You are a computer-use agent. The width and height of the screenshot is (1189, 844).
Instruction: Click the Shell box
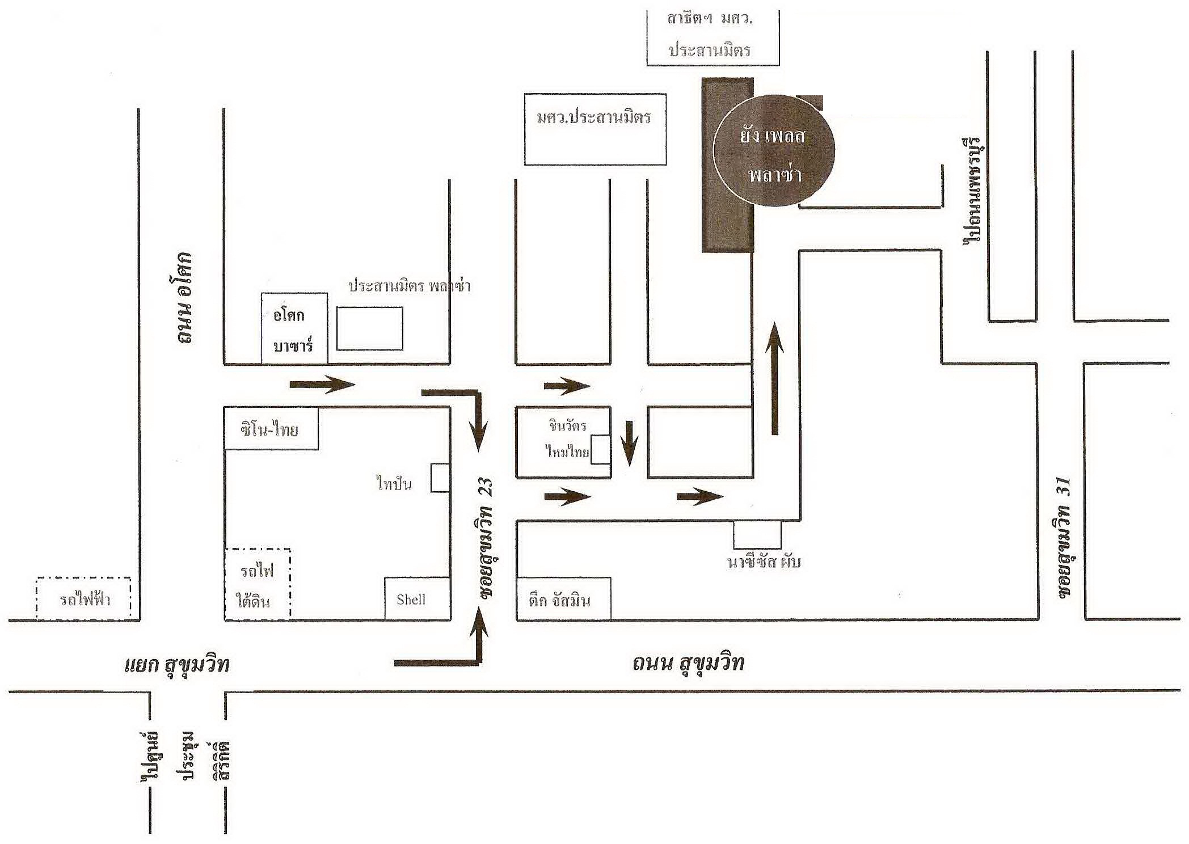418,598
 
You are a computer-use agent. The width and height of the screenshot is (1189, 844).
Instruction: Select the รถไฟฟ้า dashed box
84,598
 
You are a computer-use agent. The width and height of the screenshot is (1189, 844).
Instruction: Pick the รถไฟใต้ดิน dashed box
258,584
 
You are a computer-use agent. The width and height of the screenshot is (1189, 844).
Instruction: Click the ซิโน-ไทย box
271,428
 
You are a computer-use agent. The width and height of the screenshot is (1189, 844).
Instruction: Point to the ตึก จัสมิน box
564,598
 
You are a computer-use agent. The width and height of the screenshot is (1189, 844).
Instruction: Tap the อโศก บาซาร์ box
294,328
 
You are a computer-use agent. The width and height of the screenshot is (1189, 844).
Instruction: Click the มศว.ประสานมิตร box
595,129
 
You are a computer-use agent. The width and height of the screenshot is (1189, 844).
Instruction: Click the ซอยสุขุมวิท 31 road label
1064,538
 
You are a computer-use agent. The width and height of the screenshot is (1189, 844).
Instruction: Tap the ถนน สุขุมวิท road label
688,662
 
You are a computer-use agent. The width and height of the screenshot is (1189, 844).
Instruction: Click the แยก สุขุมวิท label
177,664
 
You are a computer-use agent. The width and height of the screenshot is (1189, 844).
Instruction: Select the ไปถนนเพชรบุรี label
973,190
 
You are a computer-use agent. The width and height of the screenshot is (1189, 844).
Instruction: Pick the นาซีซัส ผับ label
764,562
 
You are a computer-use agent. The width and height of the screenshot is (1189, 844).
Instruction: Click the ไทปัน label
394,484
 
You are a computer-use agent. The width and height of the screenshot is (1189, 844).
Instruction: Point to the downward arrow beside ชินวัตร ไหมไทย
629,443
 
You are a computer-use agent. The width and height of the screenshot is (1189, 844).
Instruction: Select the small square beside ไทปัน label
441,478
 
